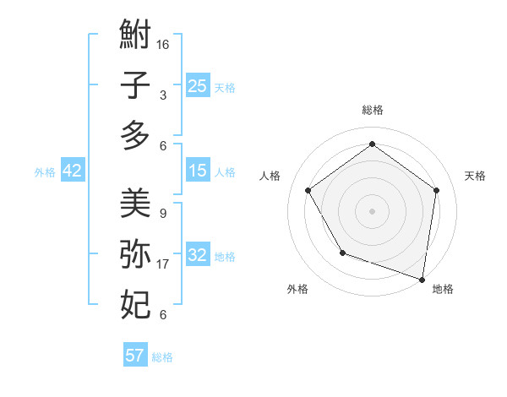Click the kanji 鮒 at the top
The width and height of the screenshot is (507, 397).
135,35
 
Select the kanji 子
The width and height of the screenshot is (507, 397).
135,84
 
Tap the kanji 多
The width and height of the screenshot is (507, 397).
135,135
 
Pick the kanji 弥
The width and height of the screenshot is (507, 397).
135,253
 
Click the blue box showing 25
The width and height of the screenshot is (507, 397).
197,86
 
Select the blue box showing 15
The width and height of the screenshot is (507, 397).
197,171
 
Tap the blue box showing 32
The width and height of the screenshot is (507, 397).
197,255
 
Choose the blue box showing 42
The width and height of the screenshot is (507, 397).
73,171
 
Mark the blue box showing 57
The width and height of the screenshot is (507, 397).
134,356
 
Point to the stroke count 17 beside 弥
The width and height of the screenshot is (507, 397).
163,264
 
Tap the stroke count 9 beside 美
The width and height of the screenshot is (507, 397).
162,214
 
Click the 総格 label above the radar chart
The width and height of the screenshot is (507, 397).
372,110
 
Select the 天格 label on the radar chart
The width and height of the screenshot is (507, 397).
475,176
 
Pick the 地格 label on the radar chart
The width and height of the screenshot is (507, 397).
443,289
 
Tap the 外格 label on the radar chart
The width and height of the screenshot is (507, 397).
297,289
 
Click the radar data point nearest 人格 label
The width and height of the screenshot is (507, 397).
308,190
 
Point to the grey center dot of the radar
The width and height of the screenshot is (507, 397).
372,210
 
